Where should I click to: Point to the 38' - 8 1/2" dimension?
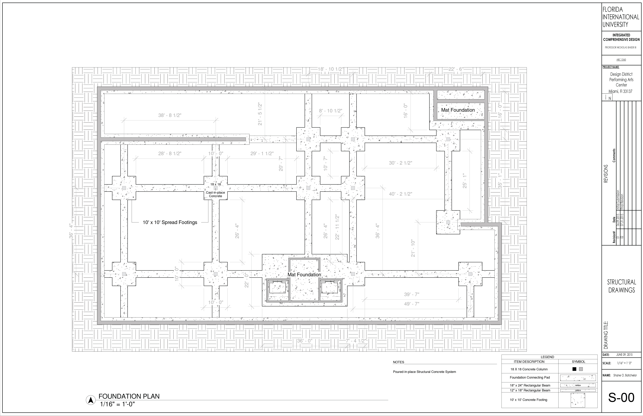coord(170,115)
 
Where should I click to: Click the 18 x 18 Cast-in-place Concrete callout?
coord(215,190)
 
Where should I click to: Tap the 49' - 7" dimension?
coord(412,304)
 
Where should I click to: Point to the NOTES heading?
coord(399,362)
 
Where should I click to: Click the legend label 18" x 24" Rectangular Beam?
coord(530,385)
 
